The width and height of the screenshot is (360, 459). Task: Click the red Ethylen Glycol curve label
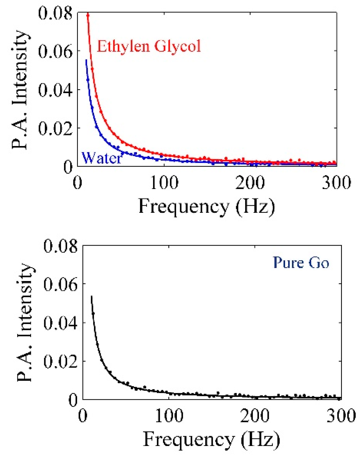149,46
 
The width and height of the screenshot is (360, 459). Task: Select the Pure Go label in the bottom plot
301,263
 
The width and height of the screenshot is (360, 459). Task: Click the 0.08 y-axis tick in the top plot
55,13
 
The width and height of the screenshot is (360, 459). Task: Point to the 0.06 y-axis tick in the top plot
55,52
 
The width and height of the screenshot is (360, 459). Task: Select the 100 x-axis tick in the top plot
164,183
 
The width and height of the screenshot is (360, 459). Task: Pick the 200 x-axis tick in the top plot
250,183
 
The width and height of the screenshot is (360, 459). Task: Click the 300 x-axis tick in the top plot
336,183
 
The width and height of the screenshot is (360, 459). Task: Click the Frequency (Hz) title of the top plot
207,207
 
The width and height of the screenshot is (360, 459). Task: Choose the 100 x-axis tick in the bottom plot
169,416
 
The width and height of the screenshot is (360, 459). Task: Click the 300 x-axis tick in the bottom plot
341,416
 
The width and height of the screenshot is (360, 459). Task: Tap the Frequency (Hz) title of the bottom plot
211,440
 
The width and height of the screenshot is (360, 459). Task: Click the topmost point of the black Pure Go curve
91,297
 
